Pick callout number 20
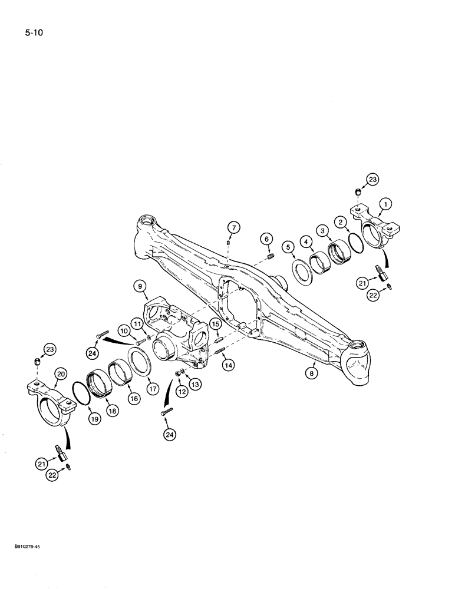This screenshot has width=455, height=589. click(x=60, y=373)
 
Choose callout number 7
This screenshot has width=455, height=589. click(x=233, y=227)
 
